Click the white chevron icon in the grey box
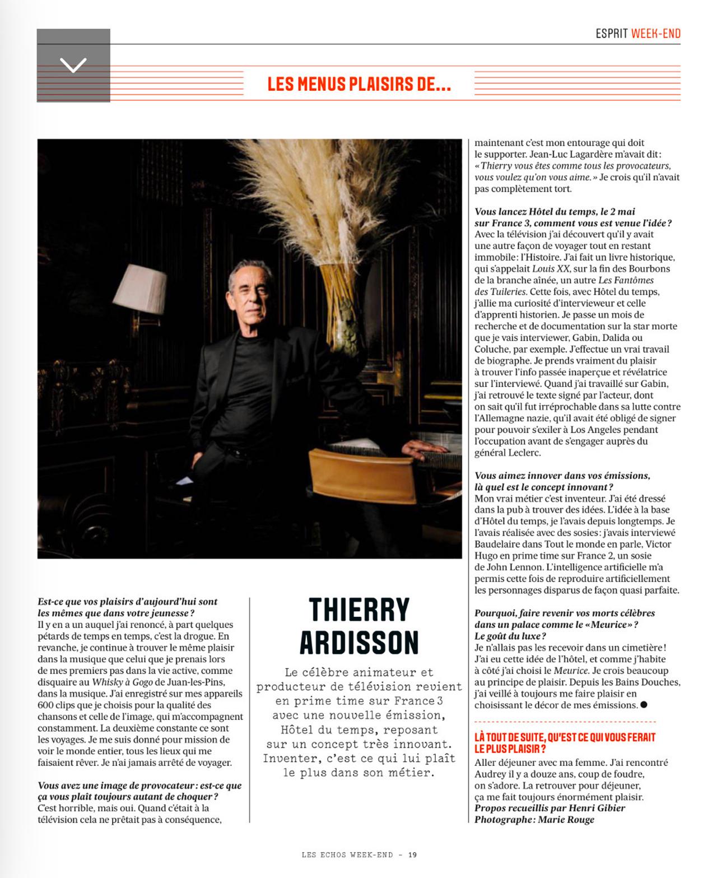[x=73, y=65]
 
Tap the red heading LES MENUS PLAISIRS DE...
[x=359, y=85]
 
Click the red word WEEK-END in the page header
[x=655, y=34]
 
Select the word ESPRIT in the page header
[x=611, y=34]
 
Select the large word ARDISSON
[x=359, y=643]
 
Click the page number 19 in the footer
[x=412, y=855]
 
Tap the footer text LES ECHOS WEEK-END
[x=347, y=855]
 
